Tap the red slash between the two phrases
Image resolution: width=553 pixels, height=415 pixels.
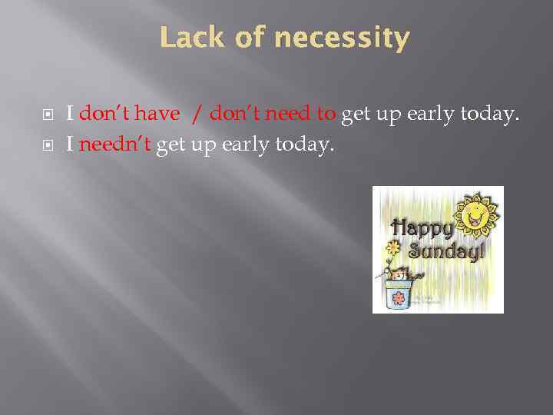click(x=197, y=115)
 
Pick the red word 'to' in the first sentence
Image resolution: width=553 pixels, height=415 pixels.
click(x=326, y=115)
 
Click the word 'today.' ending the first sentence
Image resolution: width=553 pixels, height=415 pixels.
click(x=492, y=115)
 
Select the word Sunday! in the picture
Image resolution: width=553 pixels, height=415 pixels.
click(x=445, y=251)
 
